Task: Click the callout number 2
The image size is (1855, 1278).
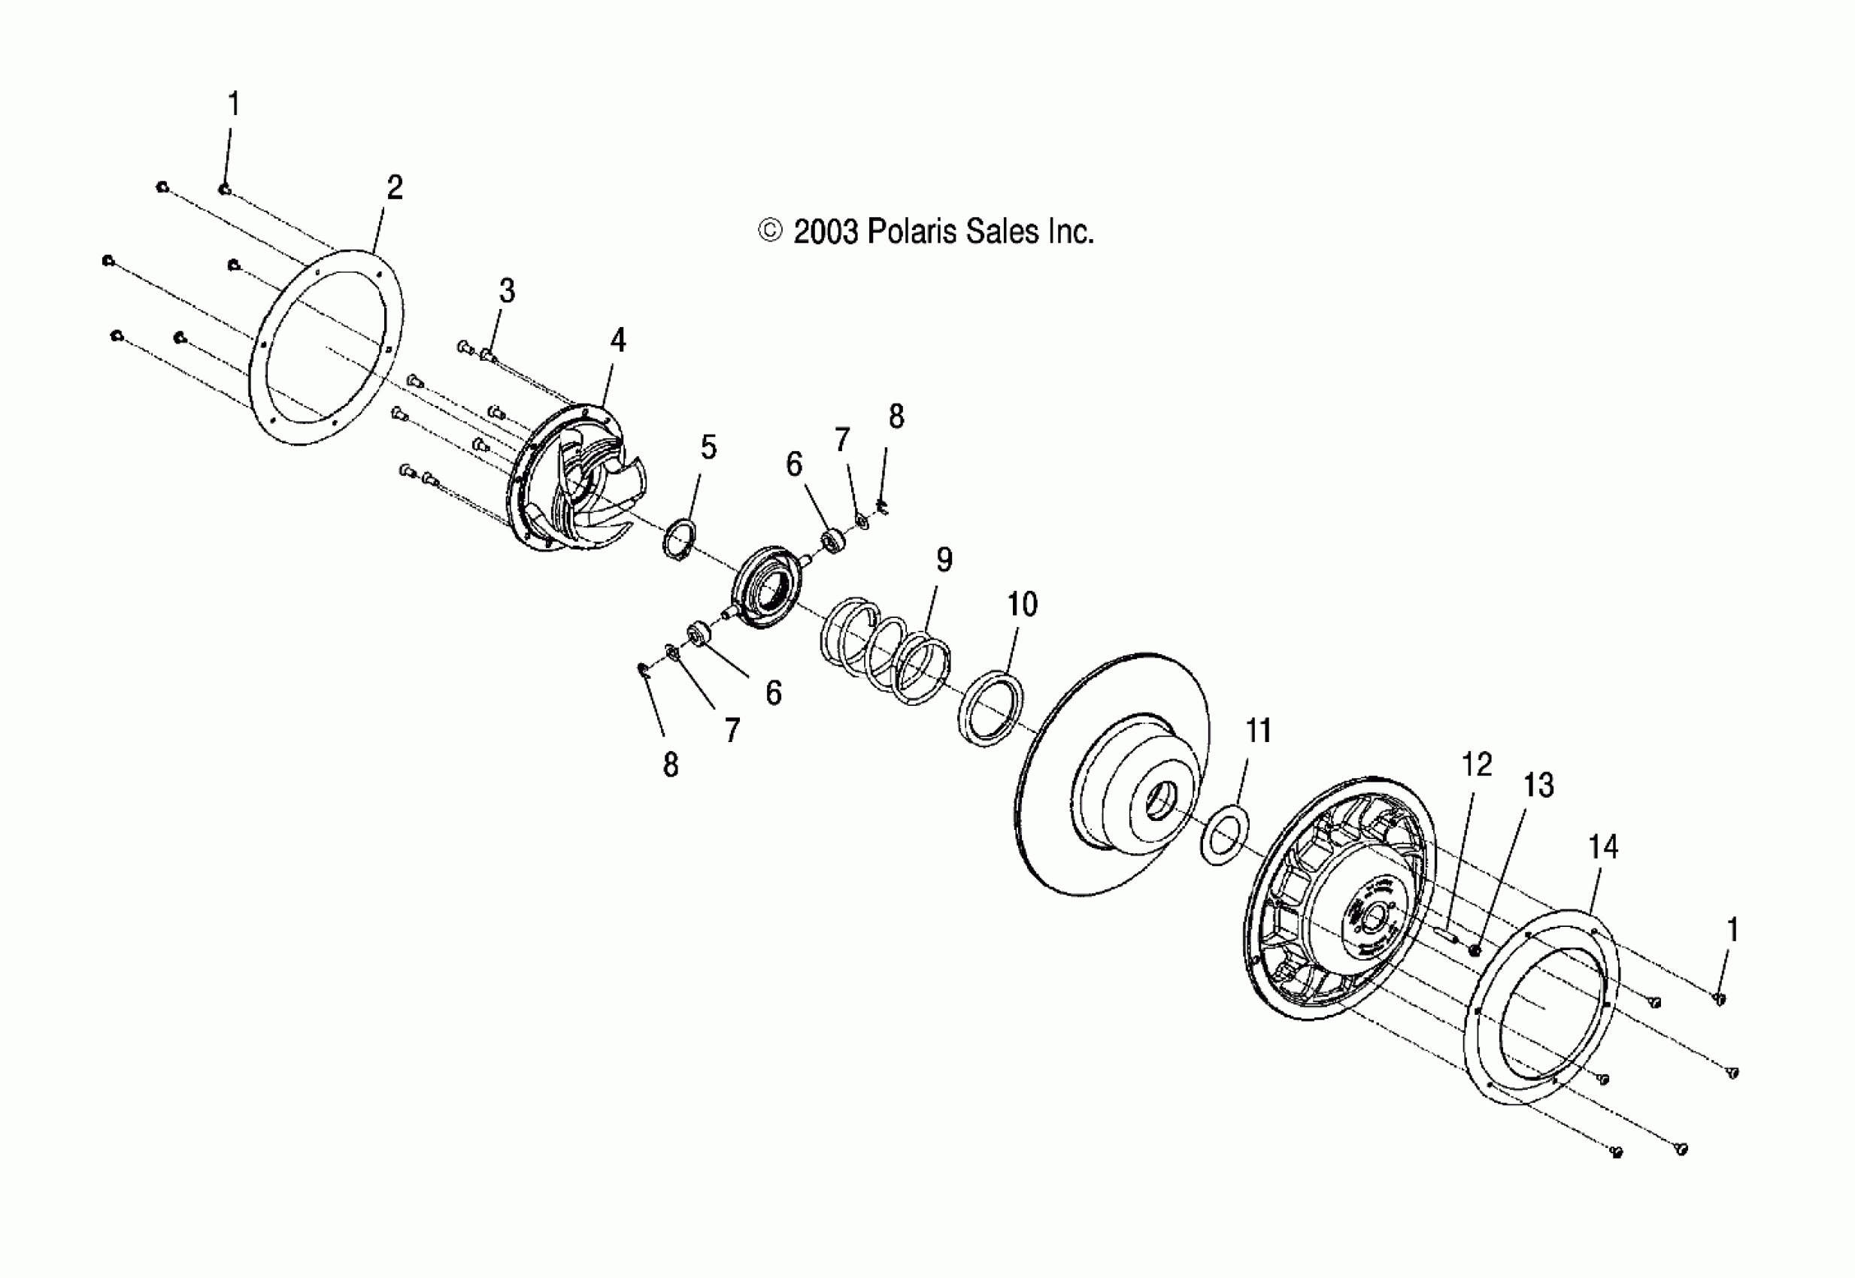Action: tap(394, 188)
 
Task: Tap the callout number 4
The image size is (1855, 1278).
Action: tap(617, 341)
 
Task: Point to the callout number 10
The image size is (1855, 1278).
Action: tap(1022, 604)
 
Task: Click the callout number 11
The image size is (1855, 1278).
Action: tap(1258, 730)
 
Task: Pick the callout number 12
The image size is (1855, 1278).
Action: tap(1477, 765)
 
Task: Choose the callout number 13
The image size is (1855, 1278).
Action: tap(1538, 786)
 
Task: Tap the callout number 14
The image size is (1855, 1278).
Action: tap(1602, 846)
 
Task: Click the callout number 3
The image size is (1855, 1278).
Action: tap(507, 291)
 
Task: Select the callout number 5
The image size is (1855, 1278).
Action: tap(709, 447)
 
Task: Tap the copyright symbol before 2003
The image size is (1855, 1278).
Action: tap(770, 232)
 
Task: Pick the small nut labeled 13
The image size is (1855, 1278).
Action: tap(1474, 949)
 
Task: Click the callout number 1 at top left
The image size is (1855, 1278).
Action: tap(233, 104)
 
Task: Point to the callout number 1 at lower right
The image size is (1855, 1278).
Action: tap(1732, 931)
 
